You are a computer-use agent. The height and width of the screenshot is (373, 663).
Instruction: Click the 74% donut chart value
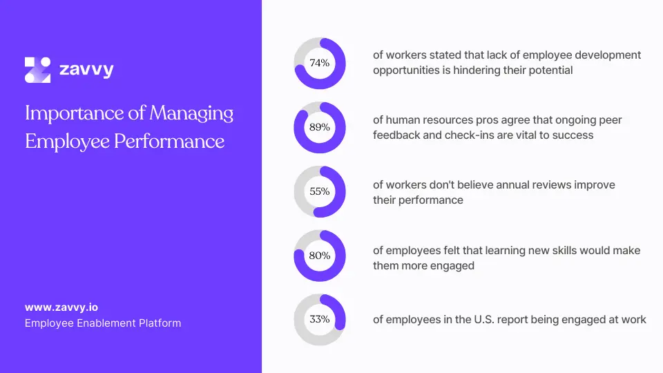(319, 64)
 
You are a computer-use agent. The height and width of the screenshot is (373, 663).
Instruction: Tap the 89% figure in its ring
(319, 128)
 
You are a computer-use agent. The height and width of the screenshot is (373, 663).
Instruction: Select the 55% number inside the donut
(319, 192)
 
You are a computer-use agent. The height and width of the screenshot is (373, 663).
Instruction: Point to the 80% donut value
(319, 256)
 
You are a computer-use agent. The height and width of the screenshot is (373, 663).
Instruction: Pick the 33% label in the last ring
(319, 320)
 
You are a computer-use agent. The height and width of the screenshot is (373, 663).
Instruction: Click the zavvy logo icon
(38, 70)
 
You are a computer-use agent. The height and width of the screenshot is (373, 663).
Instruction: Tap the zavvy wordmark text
(86, 70)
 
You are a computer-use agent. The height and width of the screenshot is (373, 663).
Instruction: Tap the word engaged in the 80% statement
(453, 265)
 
